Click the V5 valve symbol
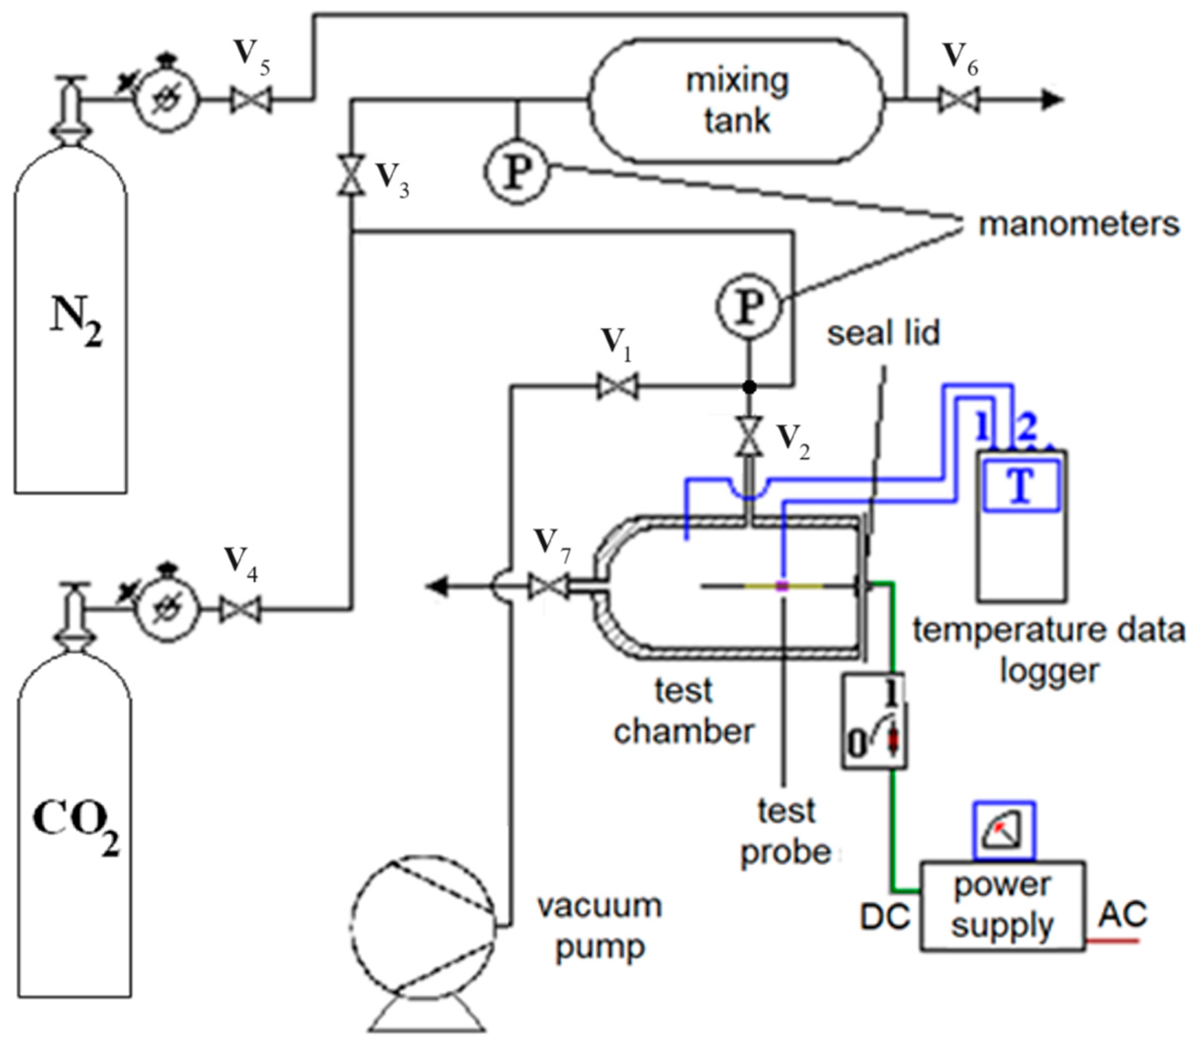250,100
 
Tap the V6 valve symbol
959,100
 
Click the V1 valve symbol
617,387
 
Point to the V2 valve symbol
749,436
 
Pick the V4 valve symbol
241,609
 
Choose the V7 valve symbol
548,586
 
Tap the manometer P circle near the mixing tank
516,171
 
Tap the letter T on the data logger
1021,486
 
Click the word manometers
1079,225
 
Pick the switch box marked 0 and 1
874,720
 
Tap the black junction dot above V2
749,387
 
